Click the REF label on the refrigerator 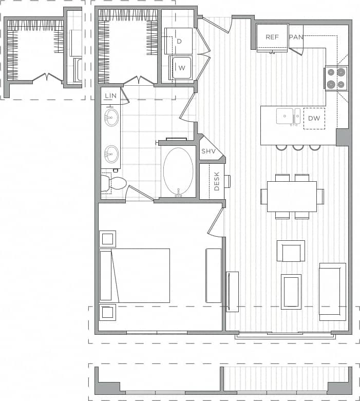tap(272, 37)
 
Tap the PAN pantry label tap(296, 37)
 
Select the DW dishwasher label tap(314, 118)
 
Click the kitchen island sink tap(285, 116)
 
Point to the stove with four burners tap(335, 79)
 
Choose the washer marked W tap(181, 67)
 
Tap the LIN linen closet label tap(110, 96)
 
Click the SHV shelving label tap(208, 151)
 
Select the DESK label tap(217, 181)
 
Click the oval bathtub tap(178, 171)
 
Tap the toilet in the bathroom tap(116, 183)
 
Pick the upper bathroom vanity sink tap(111, 117)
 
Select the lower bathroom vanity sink tap(111, 153)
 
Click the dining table tap(291, 196)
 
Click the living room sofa tap(332, 291)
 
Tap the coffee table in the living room tap(291, 291)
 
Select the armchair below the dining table tap(291, 252)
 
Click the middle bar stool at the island tap(298, 147)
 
